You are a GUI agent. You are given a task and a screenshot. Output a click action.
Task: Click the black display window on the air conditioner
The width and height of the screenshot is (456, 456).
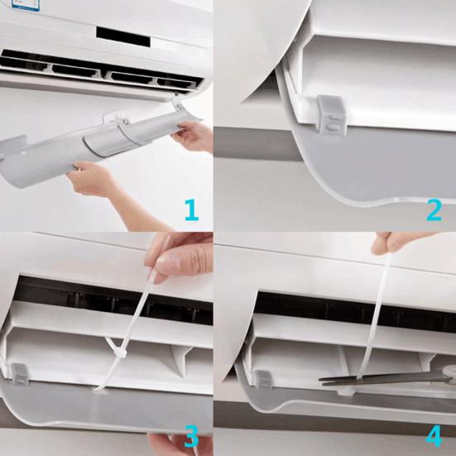tap(121, 34)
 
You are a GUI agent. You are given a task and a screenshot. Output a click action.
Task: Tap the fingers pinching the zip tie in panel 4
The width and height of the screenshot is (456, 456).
tap(391, 245)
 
